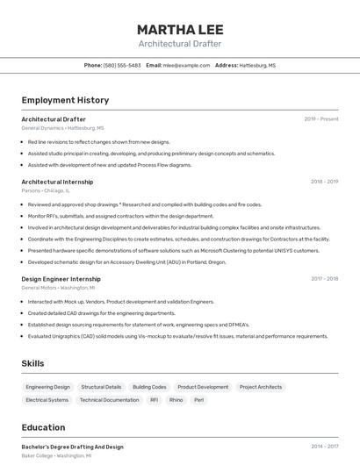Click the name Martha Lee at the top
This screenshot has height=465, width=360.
[x=180, y=29]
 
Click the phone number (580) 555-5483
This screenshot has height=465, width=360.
[x=122, y=65]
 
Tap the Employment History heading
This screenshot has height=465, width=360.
[x=65, y=100]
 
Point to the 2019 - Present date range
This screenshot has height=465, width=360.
[x=321, y=119]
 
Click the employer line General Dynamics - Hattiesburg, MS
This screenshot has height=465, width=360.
[x=62, y=128]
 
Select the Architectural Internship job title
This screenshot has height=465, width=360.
[x=57, y=182]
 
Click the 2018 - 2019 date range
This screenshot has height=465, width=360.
[x=324, y=182]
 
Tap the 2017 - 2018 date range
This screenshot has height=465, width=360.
[x=324, y=279]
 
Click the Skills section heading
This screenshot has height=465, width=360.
[x=32, y=363]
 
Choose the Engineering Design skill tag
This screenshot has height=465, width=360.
[x=47, y=387]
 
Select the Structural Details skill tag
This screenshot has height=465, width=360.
[x=101, y=387]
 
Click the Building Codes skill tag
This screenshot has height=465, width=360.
[x=149, y=387]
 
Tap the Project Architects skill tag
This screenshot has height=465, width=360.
[x=261, y=387]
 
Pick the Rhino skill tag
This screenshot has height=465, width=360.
[x=176, y=400]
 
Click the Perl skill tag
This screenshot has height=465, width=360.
[x=199, y=400]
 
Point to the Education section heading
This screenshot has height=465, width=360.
[x=43, y=427]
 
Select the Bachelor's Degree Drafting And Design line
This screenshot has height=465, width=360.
[x=72, y=447]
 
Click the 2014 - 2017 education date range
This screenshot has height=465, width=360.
[x=324, y=447]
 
